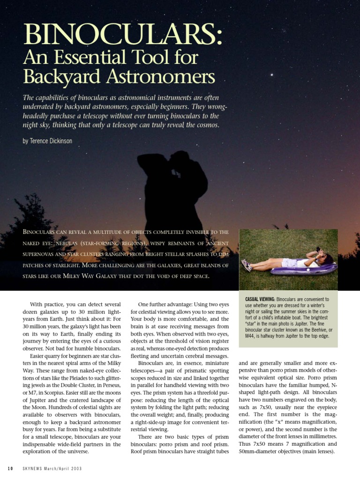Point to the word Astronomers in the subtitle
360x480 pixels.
pos(163,77)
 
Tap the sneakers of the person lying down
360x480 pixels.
pos(246,265)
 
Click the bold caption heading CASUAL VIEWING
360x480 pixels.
pos(260,299)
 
